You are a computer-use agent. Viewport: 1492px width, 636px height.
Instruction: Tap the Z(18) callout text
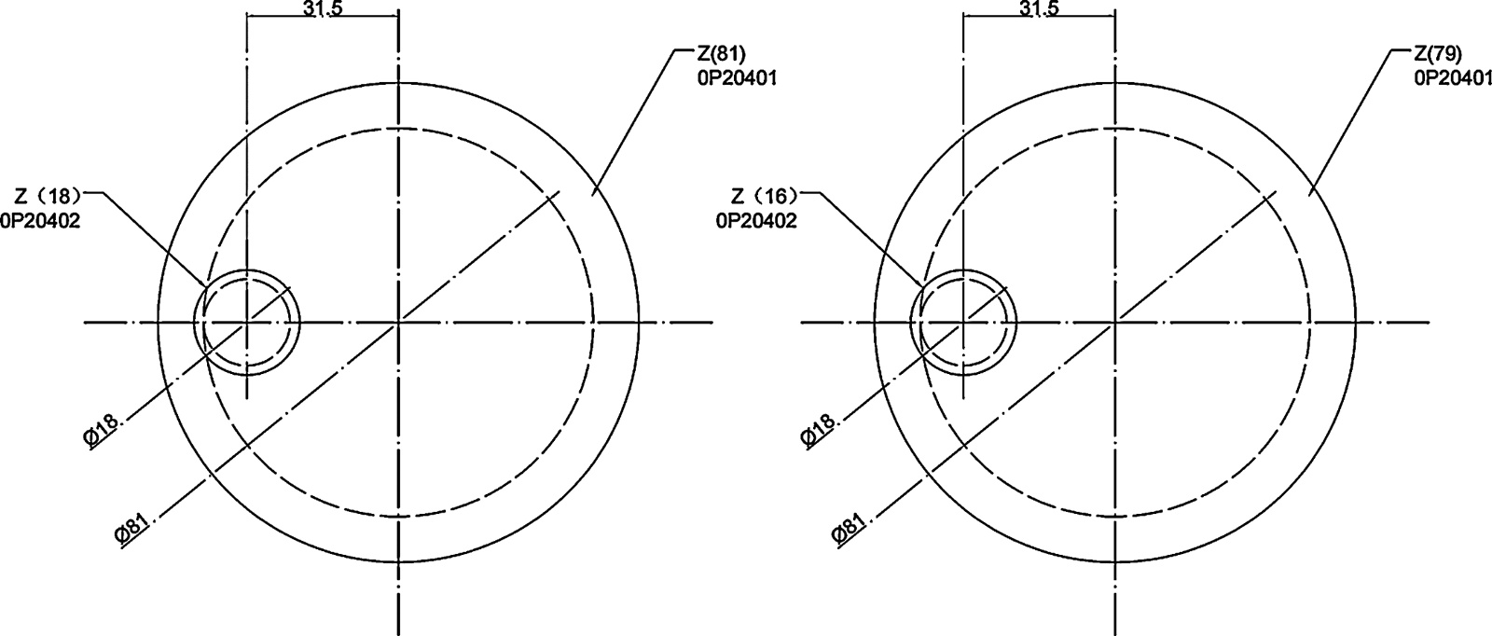tap(47, 197)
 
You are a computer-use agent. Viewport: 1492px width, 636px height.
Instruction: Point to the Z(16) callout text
tap(764, 197)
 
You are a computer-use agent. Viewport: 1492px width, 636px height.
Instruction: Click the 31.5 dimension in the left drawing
tap(322, 8)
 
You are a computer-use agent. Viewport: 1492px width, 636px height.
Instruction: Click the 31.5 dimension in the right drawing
tap(1038, 8)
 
